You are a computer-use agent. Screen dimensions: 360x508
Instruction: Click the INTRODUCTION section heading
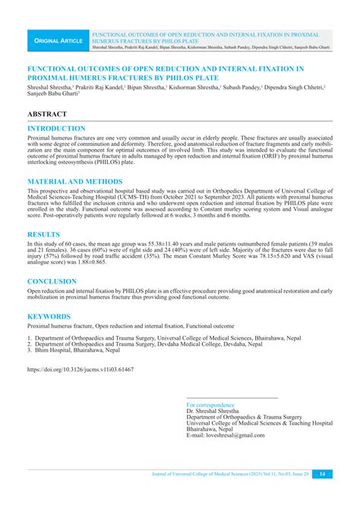click(56, 129)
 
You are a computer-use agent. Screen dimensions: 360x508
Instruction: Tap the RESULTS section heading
click(45, 235)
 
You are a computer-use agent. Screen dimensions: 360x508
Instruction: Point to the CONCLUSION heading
click(52, 281)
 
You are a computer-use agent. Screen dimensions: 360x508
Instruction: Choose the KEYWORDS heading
click(49, 316)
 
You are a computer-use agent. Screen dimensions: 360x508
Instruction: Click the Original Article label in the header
click(56, 39)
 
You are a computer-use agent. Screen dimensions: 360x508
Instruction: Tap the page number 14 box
click(322, 474)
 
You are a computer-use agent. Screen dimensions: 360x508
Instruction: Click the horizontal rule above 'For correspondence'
click(232, 399)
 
